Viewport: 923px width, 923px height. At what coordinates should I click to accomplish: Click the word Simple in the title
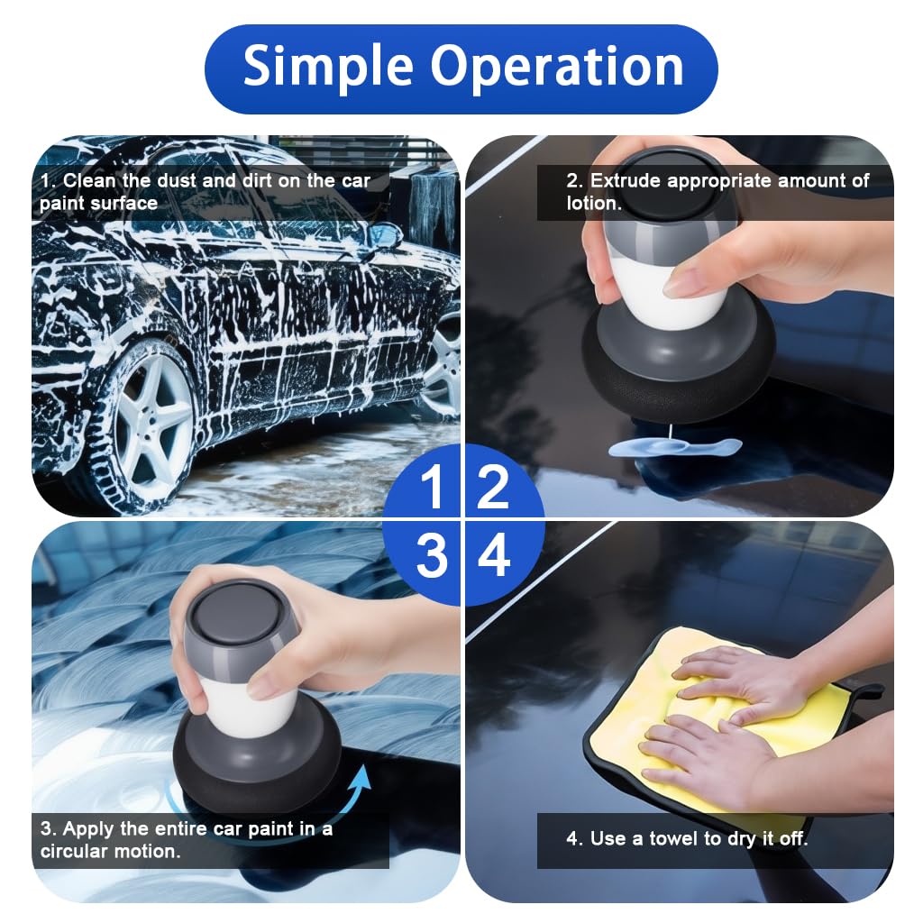click(328, 68)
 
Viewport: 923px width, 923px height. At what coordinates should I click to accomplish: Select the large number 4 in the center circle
click(494, 557)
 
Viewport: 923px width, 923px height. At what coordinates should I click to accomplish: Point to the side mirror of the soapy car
click(384, 236)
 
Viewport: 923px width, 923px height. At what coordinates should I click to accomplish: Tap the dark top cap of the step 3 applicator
click(240, 614)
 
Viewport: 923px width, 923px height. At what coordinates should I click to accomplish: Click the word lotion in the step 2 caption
click(593, 204)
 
